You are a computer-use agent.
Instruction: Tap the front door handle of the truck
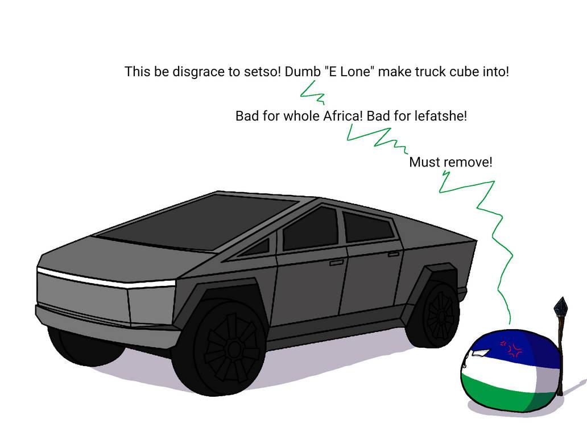click(336, 263)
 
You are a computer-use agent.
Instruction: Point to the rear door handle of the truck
click(394, 254)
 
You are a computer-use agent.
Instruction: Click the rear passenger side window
click(367, 227)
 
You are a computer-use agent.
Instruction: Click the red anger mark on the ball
click(511, 348)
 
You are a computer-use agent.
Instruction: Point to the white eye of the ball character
click(481, 352)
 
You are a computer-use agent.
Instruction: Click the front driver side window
click(311, 229)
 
